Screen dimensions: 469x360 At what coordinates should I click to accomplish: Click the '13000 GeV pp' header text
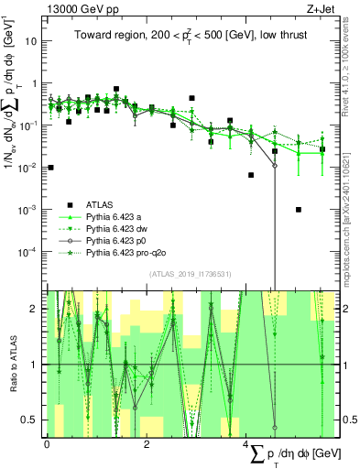point(78,8)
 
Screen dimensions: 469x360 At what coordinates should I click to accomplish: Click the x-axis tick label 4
point(246,443)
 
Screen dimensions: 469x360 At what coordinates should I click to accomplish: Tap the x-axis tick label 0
point(48,443)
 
